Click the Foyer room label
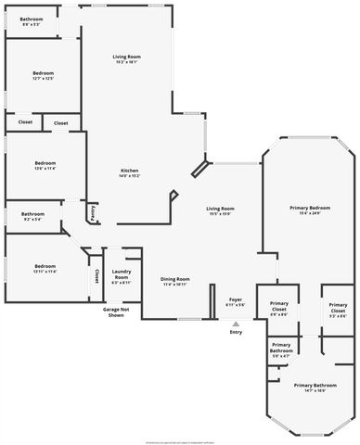click(x=236, y=301)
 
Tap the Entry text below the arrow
click(x=236, y=332)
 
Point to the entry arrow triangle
click(x=236, y=324)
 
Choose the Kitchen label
click(x=130, y=173)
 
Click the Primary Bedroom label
click(x=310, y=210)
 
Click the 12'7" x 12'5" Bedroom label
click(x=44, y=75)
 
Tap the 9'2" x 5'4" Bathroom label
click(x=32, y=217)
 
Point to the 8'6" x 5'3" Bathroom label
click(x=32, y=20)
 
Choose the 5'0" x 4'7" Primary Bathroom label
click(x=282, y=350)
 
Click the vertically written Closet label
click(x=96, y=275)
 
